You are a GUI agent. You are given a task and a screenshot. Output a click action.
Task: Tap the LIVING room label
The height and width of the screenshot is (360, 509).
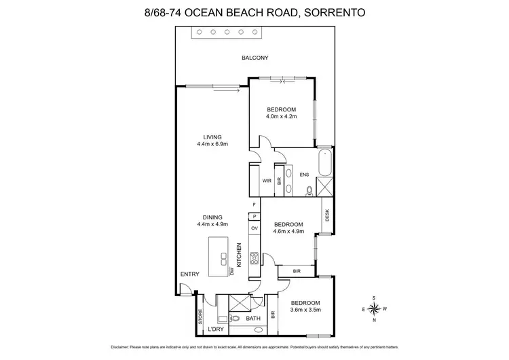pos(212,137)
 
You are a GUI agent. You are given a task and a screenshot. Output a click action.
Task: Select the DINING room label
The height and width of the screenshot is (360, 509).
pos(212,217)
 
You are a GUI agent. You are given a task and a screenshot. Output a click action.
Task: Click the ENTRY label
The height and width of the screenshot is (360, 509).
pos(189,274)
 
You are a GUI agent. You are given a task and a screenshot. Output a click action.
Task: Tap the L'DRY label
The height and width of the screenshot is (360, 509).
pos(215,329)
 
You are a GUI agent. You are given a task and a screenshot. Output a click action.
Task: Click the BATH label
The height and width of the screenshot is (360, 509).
pos(253,319)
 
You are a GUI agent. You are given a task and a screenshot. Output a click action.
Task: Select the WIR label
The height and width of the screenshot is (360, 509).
pos(267,181)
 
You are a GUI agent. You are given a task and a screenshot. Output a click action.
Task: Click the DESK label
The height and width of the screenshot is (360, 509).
pos(327,215)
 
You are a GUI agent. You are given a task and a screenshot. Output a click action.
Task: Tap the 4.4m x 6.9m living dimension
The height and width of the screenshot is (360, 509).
pos(212,144)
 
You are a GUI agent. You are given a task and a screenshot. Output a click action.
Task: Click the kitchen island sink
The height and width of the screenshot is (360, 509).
pos(223,255)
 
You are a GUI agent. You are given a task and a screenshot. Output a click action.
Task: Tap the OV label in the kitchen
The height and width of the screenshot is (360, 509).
pos(254,228)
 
